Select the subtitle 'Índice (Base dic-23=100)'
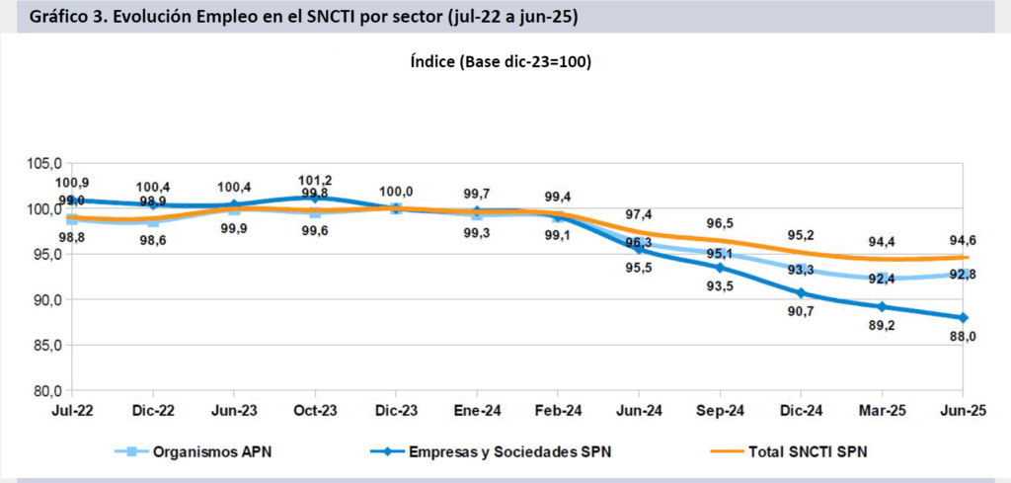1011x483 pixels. click(x=501, y=61)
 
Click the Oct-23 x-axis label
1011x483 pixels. click(x=314, y=409)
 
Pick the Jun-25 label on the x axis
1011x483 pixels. click(x=964, y=409)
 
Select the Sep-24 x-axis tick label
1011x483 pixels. click(x=721, y=409)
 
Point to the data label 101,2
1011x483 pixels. click(x=315, y=181)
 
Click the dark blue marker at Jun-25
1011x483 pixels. click(x=964, y=318)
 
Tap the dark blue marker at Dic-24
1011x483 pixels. click(x=802, y=293)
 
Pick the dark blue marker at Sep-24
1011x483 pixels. click(x=721, y=268)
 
